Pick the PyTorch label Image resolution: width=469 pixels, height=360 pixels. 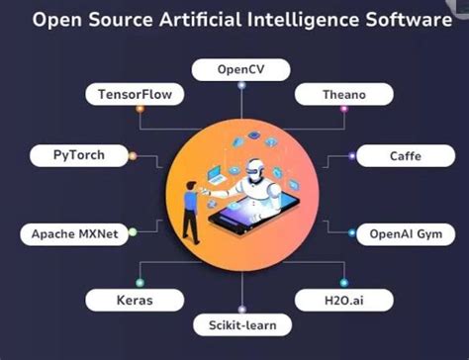pos(66,155)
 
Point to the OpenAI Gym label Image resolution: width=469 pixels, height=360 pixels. pos(404,234)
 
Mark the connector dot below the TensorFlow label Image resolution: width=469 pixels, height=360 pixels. pos(140,126)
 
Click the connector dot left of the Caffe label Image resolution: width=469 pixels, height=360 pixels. pos(354,156)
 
